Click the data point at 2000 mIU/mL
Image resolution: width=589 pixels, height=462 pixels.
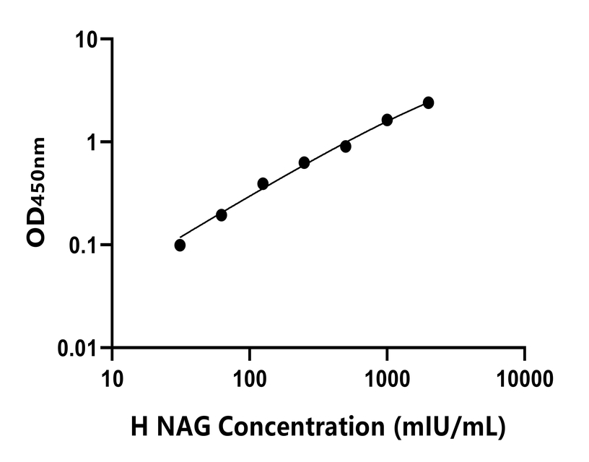(x=428, y=103)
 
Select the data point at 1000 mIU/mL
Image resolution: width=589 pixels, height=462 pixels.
(x=387, y=120)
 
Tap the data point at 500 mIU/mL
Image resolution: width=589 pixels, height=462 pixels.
(x=346, y=147)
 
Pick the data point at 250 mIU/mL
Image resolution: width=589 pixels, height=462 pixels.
(x=304, y=163)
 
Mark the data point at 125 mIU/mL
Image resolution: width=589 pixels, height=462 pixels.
(x=263, y=184)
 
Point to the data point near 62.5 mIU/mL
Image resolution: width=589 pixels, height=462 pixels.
(x=222, y=215)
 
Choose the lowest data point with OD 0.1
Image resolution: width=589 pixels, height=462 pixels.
(x=180, y=245)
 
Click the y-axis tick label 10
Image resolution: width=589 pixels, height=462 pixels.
(x=87, y=39)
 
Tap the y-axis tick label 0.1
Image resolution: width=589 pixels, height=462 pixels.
(x=84, y=245)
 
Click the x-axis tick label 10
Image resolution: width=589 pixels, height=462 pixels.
(x=111, y=377)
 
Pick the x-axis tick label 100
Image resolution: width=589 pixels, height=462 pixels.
(x=249, y=377)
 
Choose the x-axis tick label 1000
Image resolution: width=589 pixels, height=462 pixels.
(x=387, y=377)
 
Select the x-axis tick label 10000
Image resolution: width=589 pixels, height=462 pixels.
(x=525, y=377)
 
